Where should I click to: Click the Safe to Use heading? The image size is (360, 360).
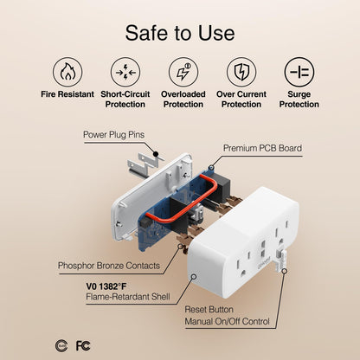179,32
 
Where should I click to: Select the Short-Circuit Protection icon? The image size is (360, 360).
124,70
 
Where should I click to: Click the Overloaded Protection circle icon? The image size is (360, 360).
183,70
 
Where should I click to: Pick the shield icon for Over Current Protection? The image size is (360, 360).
241,70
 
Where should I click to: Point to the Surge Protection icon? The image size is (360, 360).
299,70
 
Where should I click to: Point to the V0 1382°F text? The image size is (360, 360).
111,286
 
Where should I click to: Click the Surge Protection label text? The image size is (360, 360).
299,99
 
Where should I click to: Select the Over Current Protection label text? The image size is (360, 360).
241,99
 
